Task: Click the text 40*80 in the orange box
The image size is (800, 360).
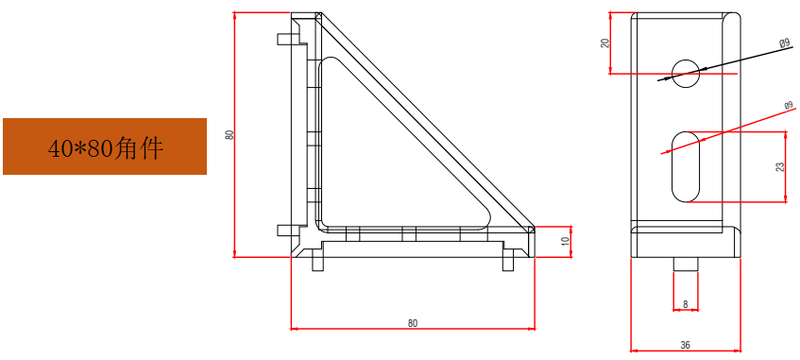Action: [x=81, y=148]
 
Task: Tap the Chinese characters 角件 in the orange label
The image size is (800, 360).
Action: [x=139, y=148]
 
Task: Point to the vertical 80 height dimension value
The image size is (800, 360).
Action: [x=230, y=135]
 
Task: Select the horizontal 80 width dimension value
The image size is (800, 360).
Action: [x=412, y=323]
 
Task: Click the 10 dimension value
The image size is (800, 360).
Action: [x=565, y=241]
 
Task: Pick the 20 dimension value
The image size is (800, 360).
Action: [x=605, y=43]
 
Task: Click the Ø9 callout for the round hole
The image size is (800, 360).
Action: [x=785, y=43]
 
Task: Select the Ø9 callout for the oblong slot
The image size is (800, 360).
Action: [x=789, y=106]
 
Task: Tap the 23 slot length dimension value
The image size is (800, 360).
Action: [x=780, y=166]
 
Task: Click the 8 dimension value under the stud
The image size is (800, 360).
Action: [x=685, y=304]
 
